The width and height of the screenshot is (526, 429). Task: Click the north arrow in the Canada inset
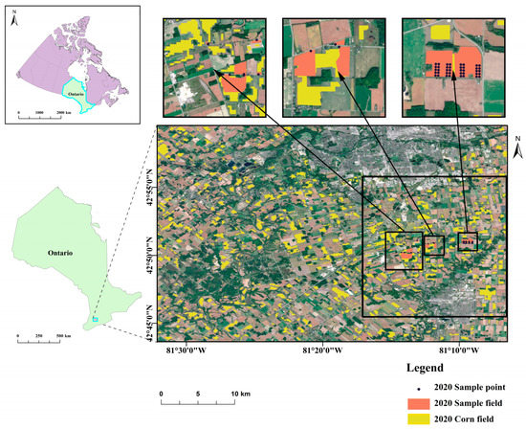click(16, 23)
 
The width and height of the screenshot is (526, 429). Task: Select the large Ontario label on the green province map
click(60, 252)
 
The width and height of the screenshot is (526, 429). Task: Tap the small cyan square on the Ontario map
click(95, 319)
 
